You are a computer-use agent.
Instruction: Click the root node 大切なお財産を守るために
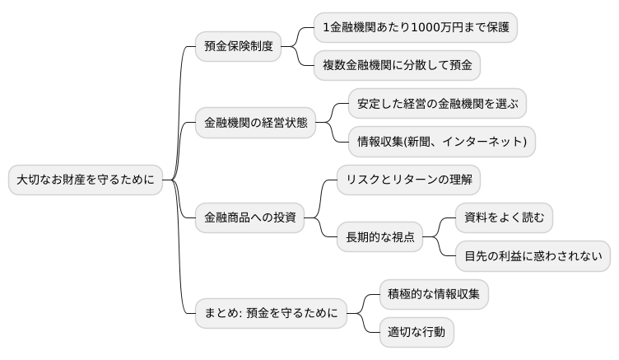[86, 180]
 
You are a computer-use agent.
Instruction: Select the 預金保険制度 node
[238, 47]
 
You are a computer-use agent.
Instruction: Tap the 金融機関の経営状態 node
[255, 124]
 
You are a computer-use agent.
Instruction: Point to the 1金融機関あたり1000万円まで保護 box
[416, 28]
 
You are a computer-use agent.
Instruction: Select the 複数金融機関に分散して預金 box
[398, 66]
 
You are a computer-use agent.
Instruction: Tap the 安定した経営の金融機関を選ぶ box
[437, 104]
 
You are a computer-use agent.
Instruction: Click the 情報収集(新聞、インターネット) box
[442, 142]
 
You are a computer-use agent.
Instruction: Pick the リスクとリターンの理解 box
[409, 180]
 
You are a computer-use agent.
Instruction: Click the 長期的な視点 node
[379, 238]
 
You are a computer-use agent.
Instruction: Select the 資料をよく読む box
[504, 218]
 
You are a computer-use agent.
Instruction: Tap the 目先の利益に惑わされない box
[533, 256]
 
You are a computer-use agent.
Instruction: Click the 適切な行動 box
[417, 332]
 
